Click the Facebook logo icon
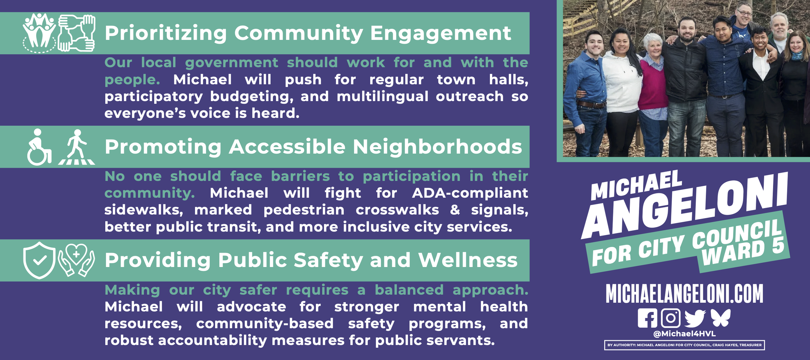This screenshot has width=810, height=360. [x=647, y=318]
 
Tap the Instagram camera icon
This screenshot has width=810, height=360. [x=670, y=318]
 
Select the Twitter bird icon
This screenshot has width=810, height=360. [x=695, y=318]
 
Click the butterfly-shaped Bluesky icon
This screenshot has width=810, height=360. [x=721, y=318]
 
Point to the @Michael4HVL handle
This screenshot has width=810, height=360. [x=684, y=334]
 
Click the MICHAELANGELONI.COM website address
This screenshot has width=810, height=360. [x=684, y=294]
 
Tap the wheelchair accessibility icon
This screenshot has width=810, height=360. [x=39, y=147]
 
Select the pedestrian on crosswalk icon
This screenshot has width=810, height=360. [x=77, y=147]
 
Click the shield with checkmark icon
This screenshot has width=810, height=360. [x=39, y=260]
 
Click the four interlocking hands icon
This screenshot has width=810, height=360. [x=77, y=33]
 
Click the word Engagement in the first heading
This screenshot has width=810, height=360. [x=441, y=33]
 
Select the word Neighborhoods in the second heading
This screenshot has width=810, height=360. [x=437, y=147]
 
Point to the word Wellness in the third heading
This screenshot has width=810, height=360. [x=468, y=260]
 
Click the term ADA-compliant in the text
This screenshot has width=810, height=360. [x=470, y=193]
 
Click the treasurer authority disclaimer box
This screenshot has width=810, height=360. [x=684, y=345]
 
